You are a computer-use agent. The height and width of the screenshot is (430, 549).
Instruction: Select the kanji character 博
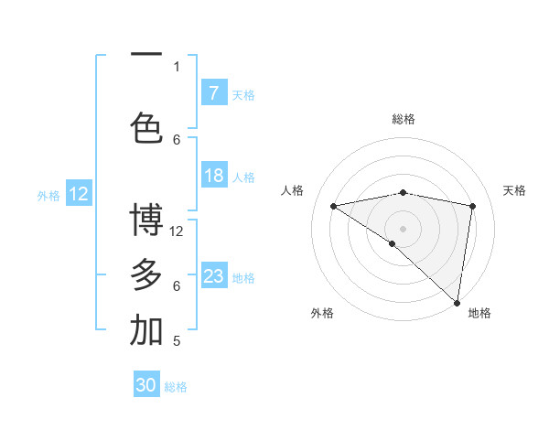[146, 220]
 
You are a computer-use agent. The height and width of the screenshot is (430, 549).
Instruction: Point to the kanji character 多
[146, 274]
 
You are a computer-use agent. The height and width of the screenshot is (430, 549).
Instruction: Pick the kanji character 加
[146, 330]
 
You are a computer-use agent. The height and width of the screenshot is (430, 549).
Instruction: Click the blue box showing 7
[213, 92]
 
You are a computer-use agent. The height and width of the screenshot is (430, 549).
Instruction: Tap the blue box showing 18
[213, 176]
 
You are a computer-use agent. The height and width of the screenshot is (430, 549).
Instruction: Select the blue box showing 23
[213, 276]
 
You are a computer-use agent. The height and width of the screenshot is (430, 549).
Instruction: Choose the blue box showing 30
[146, 385]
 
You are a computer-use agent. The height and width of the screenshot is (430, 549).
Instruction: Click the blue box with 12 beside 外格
[78, 194]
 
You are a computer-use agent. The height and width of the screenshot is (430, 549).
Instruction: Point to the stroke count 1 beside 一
[177, 66]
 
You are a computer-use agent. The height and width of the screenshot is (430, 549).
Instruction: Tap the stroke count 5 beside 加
[177, 341]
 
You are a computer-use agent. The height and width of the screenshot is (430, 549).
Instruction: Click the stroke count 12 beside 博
[178, 231]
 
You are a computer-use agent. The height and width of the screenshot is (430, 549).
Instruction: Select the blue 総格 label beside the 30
[176, 387]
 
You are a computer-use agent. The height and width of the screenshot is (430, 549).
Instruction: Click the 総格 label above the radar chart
[403, 119]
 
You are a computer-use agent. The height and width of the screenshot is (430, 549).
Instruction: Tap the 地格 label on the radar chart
[479, 313]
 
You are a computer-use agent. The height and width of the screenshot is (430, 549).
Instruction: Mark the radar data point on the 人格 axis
[334, 206]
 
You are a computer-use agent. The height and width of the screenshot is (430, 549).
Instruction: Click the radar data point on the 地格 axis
[457, 302]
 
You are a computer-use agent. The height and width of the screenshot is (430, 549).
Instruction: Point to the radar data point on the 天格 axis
[473, 206]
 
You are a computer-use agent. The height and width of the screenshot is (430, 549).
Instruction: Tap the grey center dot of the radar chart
[403, 228]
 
